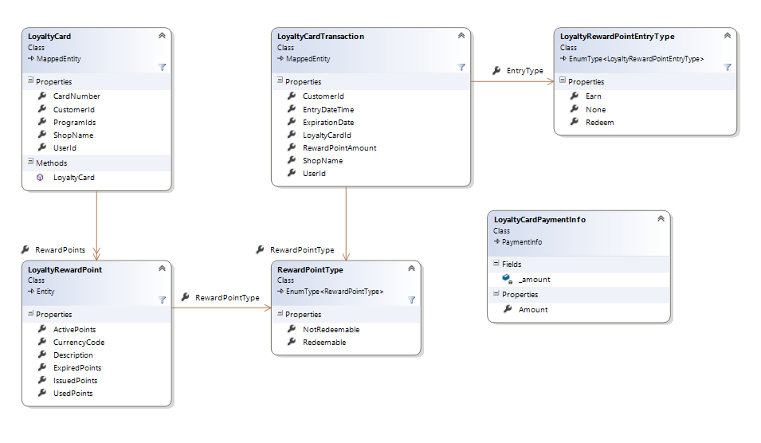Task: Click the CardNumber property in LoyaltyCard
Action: (x=76, y=96)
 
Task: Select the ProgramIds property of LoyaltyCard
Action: (x=74, y=122)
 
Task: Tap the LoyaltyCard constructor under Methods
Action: (x=74, y=178)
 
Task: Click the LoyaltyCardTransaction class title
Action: (x=320, y=37)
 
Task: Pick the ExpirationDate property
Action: (x=328, y=122)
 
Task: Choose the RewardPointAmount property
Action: (x=339, y=148)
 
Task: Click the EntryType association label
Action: (x=524, y=71)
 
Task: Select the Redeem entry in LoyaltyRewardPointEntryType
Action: (x=599, y=122)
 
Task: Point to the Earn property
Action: (x=593, y=96)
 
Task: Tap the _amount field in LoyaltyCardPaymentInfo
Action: (x=534, y=280)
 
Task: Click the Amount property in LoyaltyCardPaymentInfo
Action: (x=533, y=310)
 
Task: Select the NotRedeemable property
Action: (x=331, y=329)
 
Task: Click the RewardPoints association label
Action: (x=61, y=250)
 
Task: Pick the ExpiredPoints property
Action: (x=77, y=368)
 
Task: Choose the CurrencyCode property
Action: (x=79, y=342)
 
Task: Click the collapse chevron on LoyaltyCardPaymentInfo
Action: (x=661, y=219)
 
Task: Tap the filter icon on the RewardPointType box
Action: (x=411, y=300)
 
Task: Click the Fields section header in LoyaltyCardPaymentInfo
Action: (x=512, y=264)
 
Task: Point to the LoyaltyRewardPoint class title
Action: (x=65, y=270)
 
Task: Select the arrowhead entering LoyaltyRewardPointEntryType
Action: (x=551, y=81)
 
